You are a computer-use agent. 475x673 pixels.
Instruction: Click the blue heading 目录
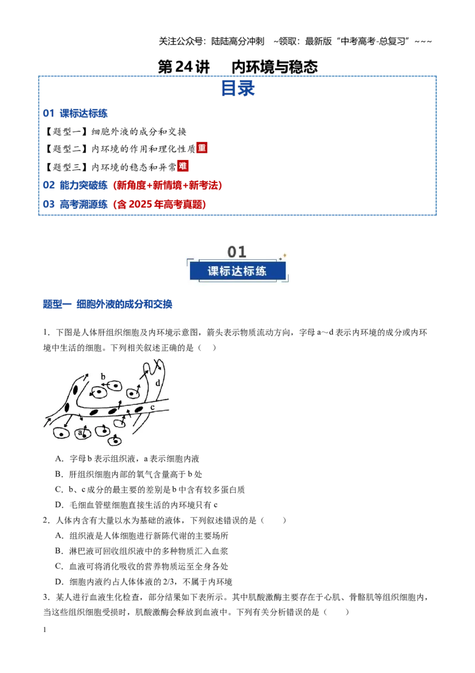(237, 89)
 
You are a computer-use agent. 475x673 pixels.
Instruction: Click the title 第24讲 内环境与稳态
(237, 67)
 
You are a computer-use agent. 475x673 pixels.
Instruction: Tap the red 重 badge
(202, 147)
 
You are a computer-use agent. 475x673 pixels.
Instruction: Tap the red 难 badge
(183, 166)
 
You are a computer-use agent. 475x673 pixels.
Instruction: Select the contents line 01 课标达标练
(75, 114)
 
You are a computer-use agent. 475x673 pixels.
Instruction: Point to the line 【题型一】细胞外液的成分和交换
(115, 132)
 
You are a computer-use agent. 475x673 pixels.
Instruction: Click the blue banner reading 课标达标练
(237, 271)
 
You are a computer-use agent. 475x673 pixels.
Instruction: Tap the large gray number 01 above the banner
(237, 251)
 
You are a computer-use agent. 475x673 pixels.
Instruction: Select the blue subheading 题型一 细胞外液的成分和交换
(107, 304)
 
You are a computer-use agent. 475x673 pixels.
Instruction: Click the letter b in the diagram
(103, 376)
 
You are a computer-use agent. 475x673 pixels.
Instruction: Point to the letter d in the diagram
(158, 382)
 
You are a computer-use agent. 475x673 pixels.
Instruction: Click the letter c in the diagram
(152, 407)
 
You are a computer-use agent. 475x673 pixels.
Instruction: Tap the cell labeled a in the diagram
(82, 433)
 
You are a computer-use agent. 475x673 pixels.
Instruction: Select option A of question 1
(127, 459)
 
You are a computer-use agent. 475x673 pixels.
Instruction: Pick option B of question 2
(141, 551)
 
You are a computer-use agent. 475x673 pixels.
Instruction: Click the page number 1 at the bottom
(45, 630)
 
